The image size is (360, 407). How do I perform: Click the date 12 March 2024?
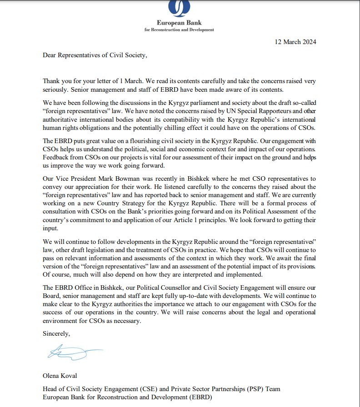point(295,42)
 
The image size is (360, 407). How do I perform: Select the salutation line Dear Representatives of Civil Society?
point(95,55)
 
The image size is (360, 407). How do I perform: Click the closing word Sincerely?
point(56,333)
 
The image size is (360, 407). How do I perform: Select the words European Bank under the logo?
point(179,23)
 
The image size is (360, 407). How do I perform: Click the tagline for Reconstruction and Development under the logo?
point(179,30)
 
